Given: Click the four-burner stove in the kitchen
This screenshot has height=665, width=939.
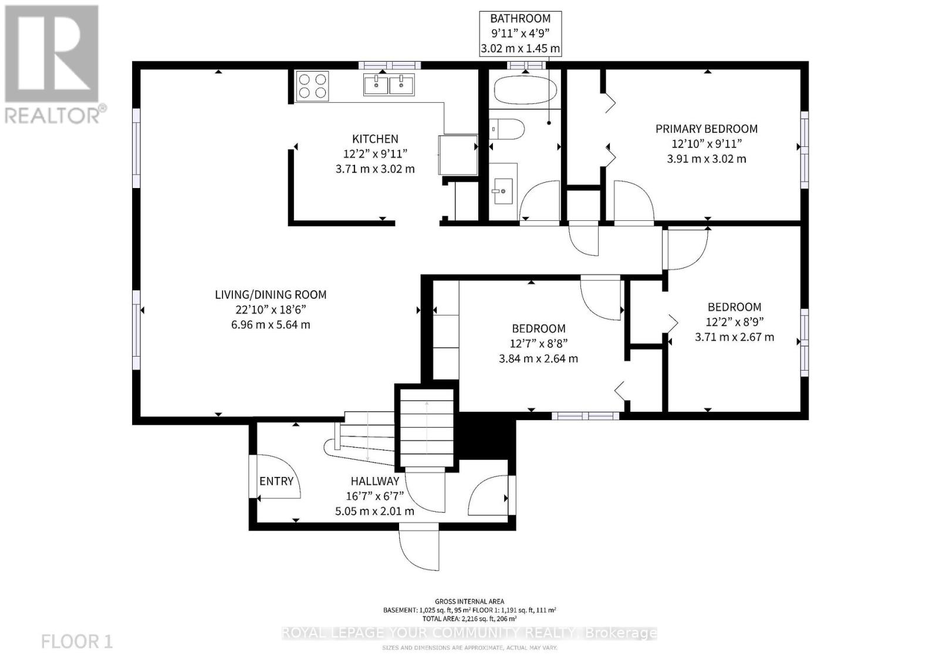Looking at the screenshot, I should pyautogui.click(x=312, y=86).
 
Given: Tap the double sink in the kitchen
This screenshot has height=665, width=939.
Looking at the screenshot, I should pyautogui.click(x=389, y=85).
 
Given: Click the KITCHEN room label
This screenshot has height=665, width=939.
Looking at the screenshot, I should pyautogui.click(x=375, y=139).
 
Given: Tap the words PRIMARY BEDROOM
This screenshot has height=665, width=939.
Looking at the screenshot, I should pyautogui.click(x=706, y=129).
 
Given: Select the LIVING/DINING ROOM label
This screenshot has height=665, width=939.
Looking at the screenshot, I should pyautogui.click(x=271, y=295).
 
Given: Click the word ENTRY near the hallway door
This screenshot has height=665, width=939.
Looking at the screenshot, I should pyautogui.click(x=276, y=481).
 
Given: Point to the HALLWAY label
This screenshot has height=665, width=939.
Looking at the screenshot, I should pyautogui.click(x=375, y=481).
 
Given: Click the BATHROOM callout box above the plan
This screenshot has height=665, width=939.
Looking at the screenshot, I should pyautogui.click(x=521, y=33).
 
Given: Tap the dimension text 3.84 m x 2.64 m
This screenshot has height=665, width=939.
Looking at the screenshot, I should pyautogui.click(x=538, y=358).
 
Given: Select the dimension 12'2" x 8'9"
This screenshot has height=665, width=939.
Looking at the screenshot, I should pyautogui.click(x=734, y=322).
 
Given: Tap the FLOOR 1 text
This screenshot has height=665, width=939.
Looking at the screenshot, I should pyautogui.click(x=77, y=641).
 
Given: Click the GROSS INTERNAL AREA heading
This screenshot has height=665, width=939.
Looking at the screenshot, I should pyautogui.click(x=469, y=601).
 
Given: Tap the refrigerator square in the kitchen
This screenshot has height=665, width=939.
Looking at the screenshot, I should pyautogui.click(x=458, y=155).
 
